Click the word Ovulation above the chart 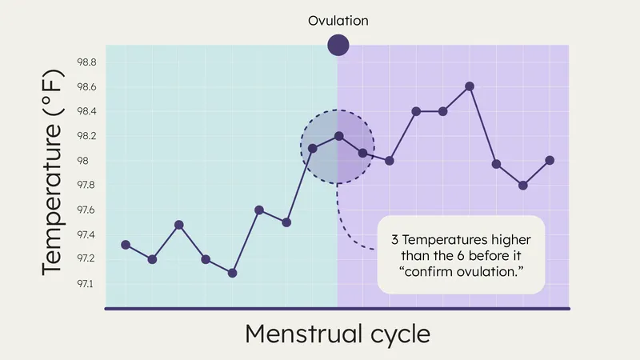(x=338, y=21)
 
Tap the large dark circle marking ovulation (x=338, y=46)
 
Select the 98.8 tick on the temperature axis (x=86, y=62)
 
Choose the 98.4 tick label (x=86, y=111)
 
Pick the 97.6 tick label (x=86, y=210)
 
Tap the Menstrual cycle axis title (x=337, y=334)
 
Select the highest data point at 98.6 (x=470, y=86)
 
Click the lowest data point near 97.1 (x=232, y=273)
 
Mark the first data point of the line (x=126, y=245)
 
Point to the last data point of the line (x=550, y=160)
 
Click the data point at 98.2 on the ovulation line (x=338, y=136)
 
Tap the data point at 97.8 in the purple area (x=522, y=186)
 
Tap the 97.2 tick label (x=86, y=259)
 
